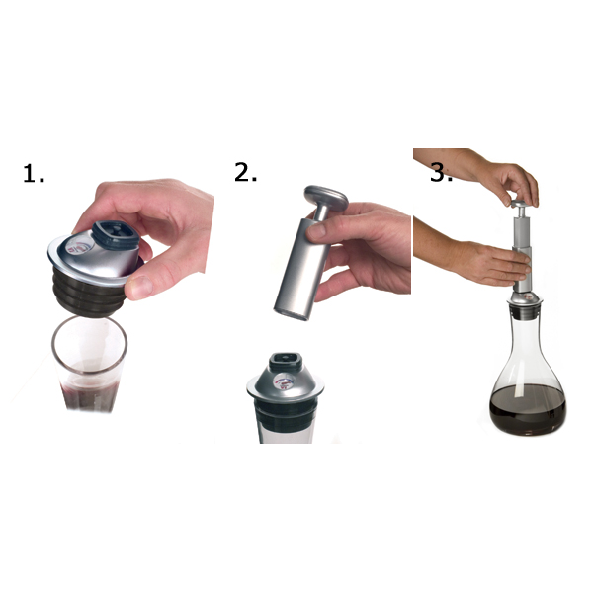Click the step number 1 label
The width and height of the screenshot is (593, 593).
[x=34, y=175]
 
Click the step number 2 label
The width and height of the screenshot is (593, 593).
[x=245, y=171]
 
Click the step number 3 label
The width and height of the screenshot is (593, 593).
[x=440, y=172]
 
